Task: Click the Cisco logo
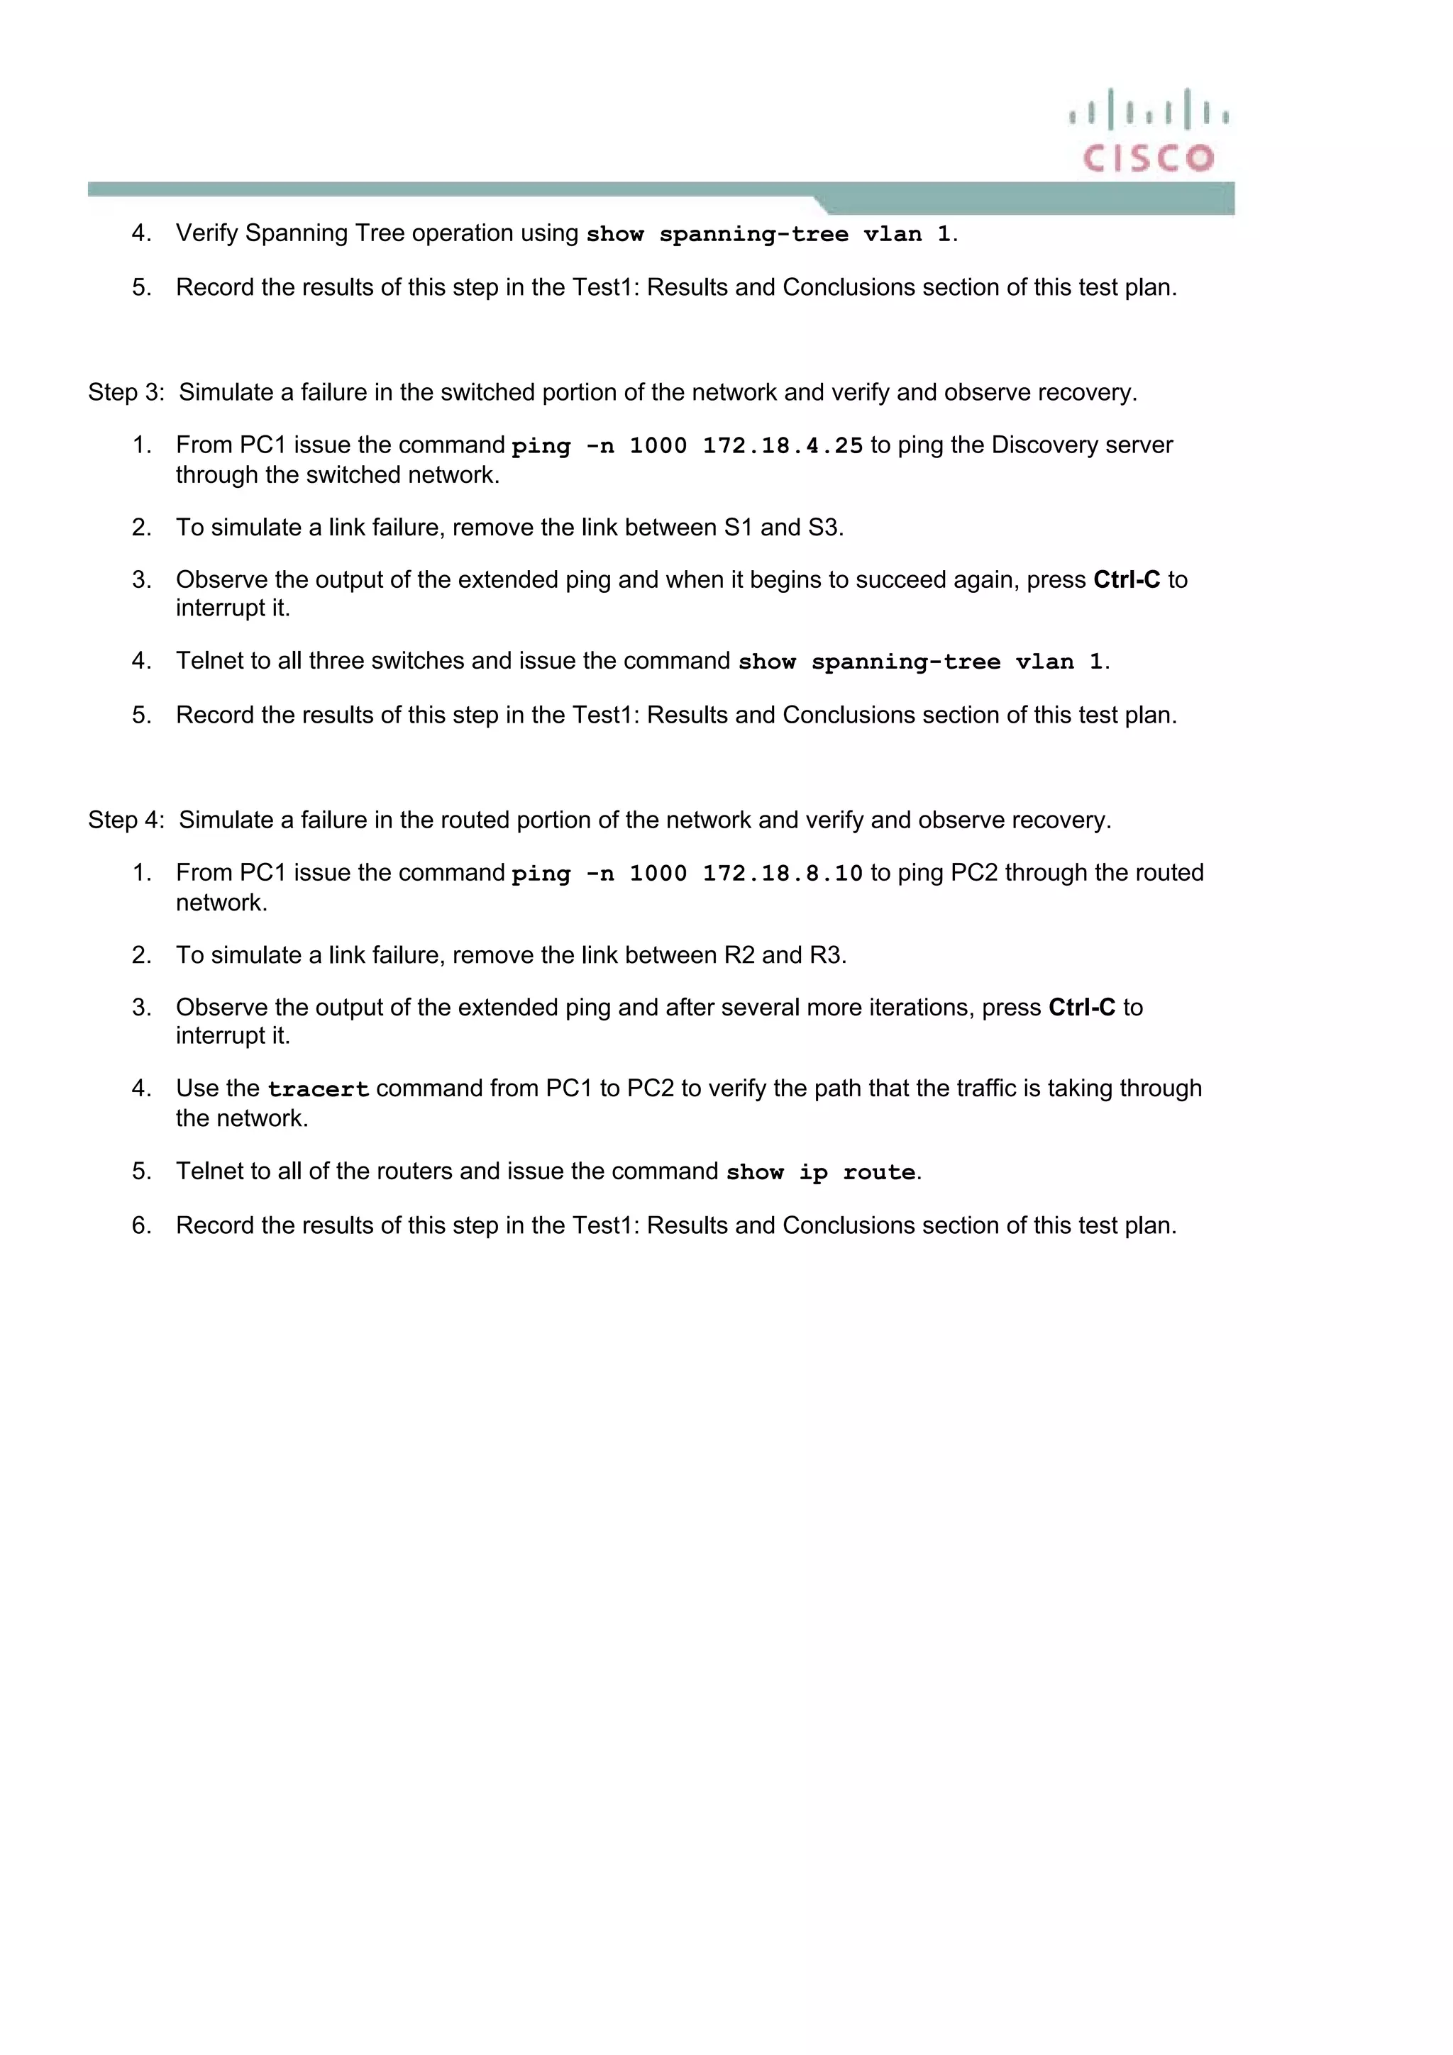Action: click(x=1149, y=130)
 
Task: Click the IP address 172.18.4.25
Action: click(x=783, y=446)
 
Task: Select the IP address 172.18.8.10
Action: click(x=783, y=874)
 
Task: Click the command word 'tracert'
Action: click(x=318, y=1089)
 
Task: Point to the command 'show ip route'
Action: click(x=821, y=1172)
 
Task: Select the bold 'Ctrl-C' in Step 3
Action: click(x=1126, y=580)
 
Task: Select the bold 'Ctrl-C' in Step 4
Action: click(x=1081, y=1008)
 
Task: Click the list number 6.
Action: click(x=141, y=1225)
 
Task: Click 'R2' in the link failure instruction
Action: click(x=739, y=955)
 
